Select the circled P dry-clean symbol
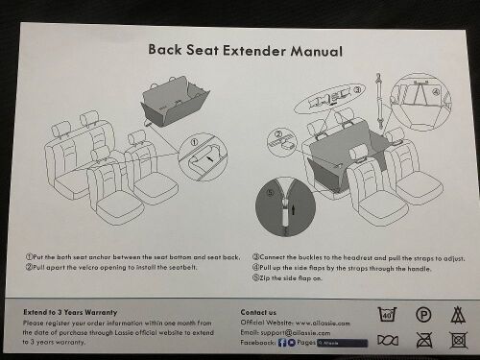(x=422, y=314)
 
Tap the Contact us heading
(x=259, y=312)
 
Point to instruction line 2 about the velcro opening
(x=119, y=268)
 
